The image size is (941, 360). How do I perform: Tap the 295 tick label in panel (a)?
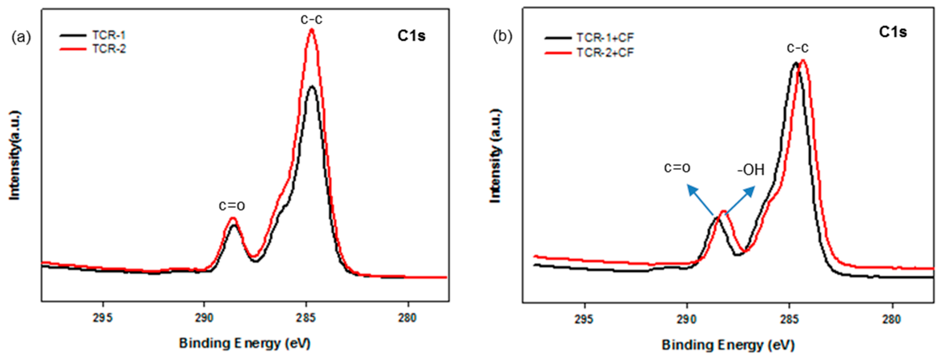coord(103,318)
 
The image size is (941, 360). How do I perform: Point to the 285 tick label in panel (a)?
coord(306,318)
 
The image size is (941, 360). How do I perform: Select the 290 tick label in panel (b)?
coord(687,319)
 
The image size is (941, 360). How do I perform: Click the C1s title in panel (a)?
coord(411,36)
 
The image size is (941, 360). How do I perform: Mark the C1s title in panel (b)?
coord(893,32)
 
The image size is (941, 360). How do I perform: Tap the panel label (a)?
coord(21,37)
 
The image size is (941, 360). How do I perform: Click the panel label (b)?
coord(503,36)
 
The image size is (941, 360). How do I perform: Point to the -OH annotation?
coord(750,170)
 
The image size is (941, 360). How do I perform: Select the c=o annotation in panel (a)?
coord(232,206)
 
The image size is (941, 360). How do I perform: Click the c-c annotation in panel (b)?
coord(797,48)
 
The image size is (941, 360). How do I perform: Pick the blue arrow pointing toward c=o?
coord(700,200)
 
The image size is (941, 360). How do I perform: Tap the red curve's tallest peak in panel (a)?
coord(312,30)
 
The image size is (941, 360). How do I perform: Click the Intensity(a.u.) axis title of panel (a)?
coord(15,155)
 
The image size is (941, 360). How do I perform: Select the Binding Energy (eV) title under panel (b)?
coord(728,345)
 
